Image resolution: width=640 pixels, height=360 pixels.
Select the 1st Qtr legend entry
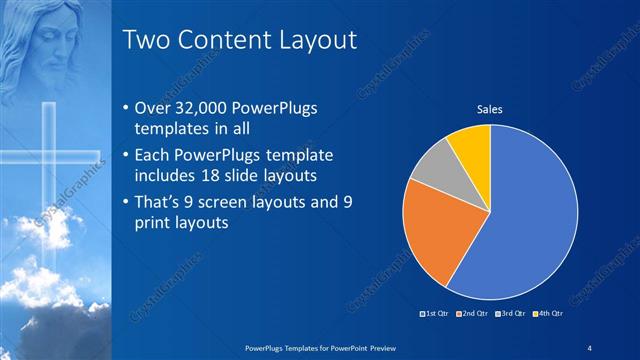[x=436, y=315]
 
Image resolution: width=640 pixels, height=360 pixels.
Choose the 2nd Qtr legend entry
[x=473, y=315]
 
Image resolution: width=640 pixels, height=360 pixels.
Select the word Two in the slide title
[x=146, y=40]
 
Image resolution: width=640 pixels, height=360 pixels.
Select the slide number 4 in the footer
[x=590, y=346]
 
